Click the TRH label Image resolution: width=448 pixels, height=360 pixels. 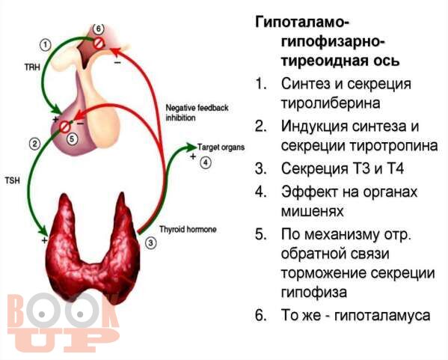pyautogui.click(x=31, y=67)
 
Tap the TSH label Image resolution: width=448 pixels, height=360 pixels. pyautogui.click(x=12, y=180)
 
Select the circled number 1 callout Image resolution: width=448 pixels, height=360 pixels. pyautogui.click(x=45, y=45)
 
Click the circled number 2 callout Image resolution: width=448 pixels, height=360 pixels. pyautogui.click(x=35, y=144)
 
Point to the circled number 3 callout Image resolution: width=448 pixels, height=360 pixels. pyautogui.click(x=150, y=243)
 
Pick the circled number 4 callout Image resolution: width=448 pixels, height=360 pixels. pyautogui.click(x=206, y=163)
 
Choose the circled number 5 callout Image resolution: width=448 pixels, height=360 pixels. pyautogui.click(x=72, y=138)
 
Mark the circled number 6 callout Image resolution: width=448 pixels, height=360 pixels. pyautogui.click(x=98, y=28)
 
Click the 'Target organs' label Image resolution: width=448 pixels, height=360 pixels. pyautogui.click(x=221, y=147)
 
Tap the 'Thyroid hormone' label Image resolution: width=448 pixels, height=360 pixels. pyautogui.click(x=188, y=229)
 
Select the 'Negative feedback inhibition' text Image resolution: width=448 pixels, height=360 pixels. pyautogui.click(x=197, y=113)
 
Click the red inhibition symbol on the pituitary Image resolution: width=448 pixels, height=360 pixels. pyautogui.click(x=64, y=126)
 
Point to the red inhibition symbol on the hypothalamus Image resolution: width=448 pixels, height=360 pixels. pyautogui.click(x=99, y=43)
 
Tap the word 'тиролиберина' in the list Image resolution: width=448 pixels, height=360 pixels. pyautogui.click(x=331, y=103)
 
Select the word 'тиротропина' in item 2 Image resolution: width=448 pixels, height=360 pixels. pyautogui.click(x=394, y=146)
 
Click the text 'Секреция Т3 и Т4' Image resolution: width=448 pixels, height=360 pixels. pyautogui.click(x=343, y=168)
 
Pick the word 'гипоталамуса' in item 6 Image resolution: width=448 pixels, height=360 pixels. pyautogui.click(x=382, y=316)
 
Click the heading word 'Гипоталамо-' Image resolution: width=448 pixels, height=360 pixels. pyautogui.click(x=301, y=22)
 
